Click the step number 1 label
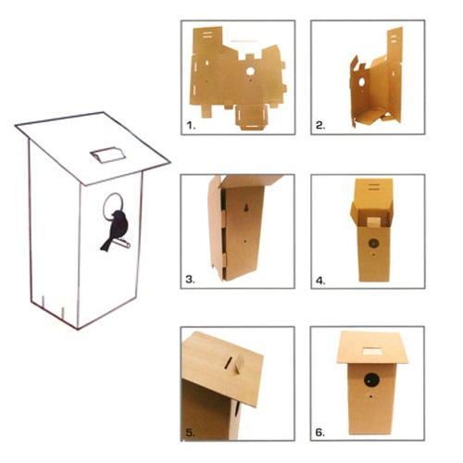(191, 122)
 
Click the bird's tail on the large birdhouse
(107, 243)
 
